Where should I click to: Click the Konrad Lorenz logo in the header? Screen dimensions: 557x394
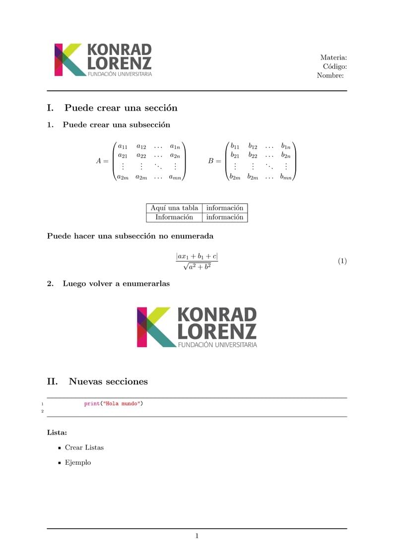103,60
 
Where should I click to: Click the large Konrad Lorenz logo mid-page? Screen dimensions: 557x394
197,327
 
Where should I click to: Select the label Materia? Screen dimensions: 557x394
333,58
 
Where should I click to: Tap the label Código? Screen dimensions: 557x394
334,66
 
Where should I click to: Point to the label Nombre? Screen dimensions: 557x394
330,75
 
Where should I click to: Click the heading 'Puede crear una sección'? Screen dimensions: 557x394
121,108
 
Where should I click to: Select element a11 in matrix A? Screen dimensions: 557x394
123,146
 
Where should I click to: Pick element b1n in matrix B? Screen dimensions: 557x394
285,146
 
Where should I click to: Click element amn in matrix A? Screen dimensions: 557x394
175,177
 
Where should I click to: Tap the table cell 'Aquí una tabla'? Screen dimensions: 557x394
174,208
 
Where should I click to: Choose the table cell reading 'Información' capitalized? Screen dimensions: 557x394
174,217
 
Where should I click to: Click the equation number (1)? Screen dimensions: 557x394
342,261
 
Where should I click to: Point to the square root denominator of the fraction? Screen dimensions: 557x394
197,266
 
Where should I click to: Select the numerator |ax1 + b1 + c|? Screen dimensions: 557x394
197,256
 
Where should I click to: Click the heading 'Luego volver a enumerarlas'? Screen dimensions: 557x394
116,284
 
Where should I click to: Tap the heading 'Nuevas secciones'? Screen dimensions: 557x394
108,381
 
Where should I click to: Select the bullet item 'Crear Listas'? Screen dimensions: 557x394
84,447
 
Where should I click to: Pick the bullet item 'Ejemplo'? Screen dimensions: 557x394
78,462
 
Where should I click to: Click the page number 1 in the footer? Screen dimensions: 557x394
197,536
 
